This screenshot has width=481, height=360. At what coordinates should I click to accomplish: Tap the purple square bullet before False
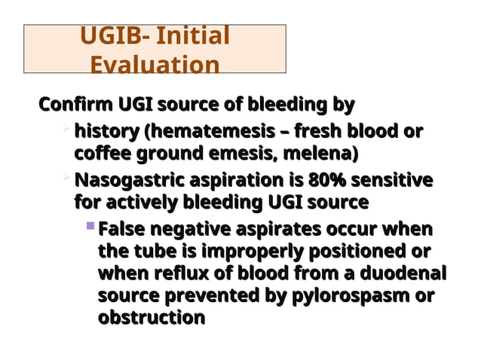point(90,225)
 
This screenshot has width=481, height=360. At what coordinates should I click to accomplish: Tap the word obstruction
point(152,318)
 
